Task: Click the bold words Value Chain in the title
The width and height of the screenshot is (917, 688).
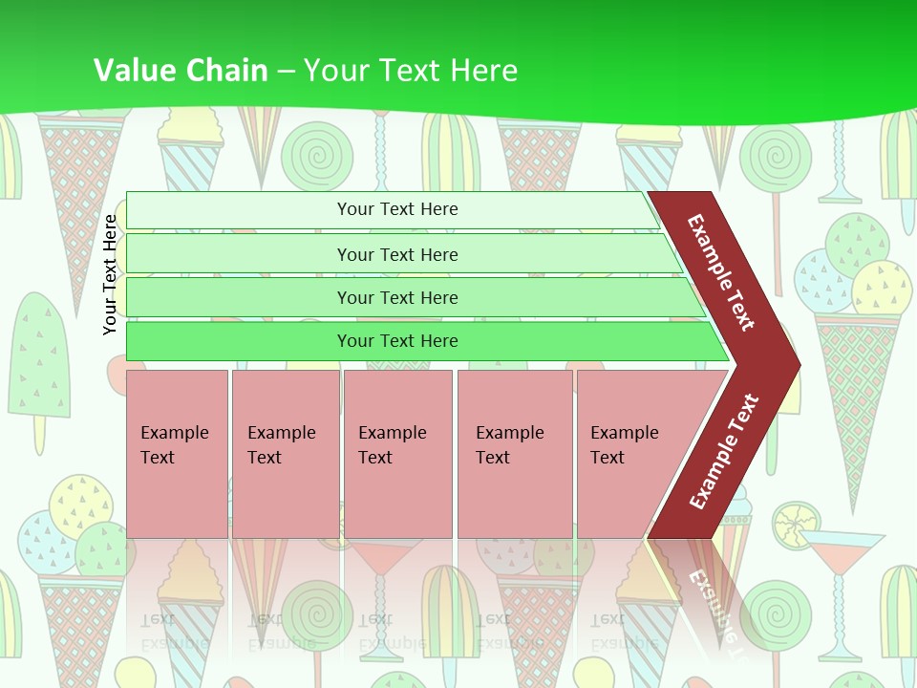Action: (x=180, y=71)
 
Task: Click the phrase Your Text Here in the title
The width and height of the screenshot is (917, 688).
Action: (x=411, y=71)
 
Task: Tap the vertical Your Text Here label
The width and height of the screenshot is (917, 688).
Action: (x=111, y=274)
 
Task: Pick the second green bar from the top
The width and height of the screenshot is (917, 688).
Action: (x=396, y=254)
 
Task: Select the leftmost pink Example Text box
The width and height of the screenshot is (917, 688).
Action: (x=177, y=453)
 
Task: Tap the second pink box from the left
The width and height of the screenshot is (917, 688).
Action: (x=285, y=453)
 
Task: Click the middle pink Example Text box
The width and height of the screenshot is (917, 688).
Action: (x=397, y=453)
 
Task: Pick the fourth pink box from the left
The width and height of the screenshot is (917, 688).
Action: (x=514, y=453)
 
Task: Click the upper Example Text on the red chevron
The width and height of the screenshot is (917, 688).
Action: (x=721, y=272)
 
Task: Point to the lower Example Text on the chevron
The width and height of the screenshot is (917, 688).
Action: (x=724, y=451)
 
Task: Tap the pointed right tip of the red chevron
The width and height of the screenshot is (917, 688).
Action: (x=793, y=364)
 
